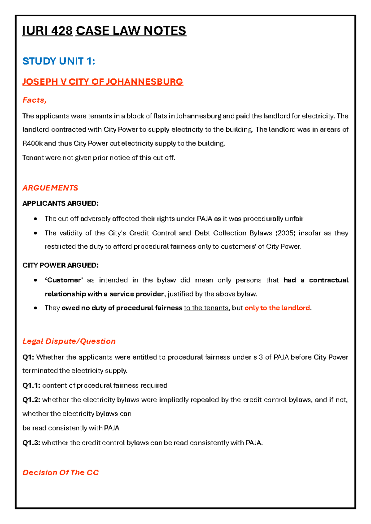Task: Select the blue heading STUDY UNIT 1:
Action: pyautogui.click(x=59, y=61)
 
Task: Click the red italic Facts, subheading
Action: pyautogui.click(x=34, y=100)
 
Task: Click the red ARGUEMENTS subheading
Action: pyautogui.click(x=50, y=188)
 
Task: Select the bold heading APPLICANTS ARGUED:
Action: pyautogui.click(x=60, y=203)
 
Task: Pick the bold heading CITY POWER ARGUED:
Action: pyautogui.click(x=60, y=265)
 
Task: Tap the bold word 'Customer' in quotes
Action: pyautogui.click(x=64, y=280)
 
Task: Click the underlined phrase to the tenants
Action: pyautogui.click(x=206, y=308)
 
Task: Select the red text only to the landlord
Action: pyautogui.click(x=277, y=308)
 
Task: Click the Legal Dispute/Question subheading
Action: pyautogui.click(x=69, y=341)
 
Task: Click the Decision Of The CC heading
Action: pyautogui.click(x=61, y=473)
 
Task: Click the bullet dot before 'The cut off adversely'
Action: pyautogui.click(x=36, y=219)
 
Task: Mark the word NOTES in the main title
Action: pyautogui.click(x=165, y=31)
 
